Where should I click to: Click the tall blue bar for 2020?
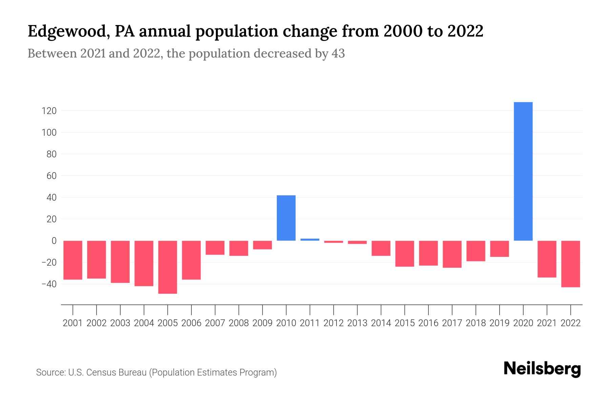pos(523,171)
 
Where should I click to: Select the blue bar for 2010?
pos(286,218)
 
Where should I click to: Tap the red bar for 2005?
pos(168,267)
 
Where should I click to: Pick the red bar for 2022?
pos(571,264)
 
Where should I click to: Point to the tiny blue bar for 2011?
pos(310,240)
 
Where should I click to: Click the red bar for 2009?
pos(262,245)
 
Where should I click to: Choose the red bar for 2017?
pos(452,254)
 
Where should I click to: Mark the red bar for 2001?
pos(73,260)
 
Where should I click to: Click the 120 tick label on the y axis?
pos(49,111)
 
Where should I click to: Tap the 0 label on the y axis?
pos(54,241)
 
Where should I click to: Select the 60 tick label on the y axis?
pos(51,176)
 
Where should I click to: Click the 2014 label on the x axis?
pos(381,323)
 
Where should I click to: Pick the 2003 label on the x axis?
pos(120,323)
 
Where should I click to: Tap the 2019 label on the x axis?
pos(500,323)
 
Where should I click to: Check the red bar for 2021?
pos(547,259)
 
